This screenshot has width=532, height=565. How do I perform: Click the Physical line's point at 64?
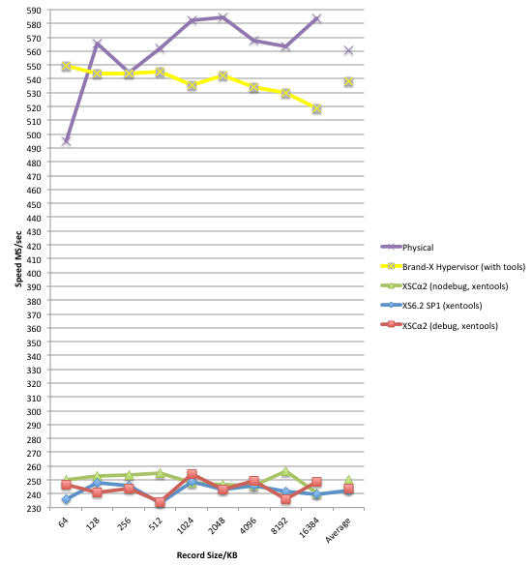pos(66,141)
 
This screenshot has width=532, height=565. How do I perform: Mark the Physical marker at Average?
pos(348,50)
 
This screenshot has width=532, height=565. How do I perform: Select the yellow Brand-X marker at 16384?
pos(316,108)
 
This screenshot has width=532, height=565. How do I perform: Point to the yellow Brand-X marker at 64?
pos(66,66)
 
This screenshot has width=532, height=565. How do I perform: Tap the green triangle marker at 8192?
pos(285,471)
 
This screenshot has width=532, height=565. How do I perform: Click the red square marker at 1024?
pos(192,474)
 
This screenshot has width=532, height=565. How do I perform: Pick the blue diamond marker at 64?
pos(66,499)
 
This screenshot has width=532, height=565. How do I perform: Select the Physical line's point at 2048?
pos(222,17)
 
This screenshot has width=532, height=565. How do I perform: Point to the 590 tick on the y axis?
pos(34,10)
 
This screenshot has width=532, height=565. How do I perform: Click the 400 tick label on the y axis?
pos(34,273)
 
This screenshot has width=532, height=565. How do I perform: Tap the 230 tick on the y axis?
pos(34,508)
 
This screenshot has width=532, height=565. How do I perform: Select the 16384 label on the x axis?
pos(310,527)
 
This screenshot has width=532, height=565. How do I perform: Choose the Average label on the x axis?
pos(338,530)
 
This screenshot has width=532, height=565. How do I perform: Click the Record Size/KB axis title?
pos(207,555)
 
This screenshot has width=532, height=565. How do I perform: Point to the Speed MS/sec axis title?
pos(18,259)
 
